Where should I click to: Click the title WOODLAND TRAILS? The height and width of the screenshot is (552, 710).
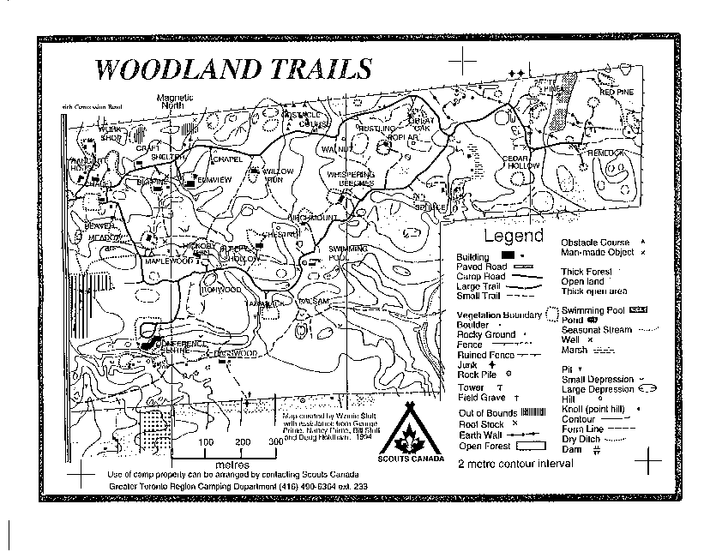pos(232,69)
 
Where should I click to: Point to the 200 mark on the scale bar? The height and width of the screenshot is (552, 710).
pos(243,441)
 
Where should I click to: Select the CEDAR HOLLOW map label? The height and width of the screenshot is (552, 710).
pos(521,162)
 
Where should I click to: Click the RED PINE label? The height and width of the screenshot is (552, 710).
pos(617,92)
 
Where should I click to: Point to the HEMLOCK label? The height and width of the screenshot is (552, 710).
pos(605,153)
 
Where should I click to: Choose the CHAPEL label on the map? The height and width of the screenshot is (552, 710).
pos(227,159)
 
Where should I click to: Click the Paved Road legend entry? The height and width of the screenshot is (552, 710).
pos(480,267)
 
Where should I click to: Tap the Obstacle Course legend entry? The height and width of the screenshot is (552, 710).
pos(595,243)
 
